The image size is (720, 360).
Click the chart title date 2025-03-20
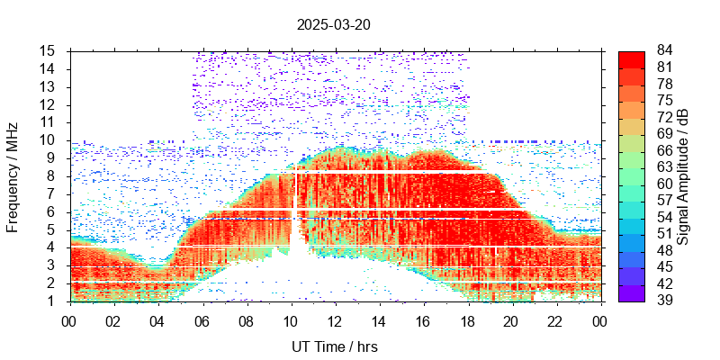[x=334, y=24]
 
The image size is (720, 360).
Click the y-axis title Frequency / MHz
[x=13, y=175]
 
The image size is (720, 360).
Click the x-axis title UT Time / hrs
[x=334, y=346]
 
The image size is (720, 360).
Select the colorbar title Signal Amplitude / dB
[x=683, y=175]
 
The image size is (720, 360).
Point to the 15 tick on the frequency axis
[x=49, y=50]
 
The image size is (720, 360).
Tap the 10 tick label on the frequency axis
[x=49, y=139]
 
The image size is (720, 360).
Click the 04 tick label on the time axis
[x=157, y=319]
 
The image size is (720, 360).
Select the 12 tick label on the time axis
[x=334, y=319]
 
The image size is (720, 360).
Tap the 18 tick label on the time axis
[x=466, y=319]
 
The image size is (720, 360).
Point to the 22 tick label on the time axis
[x=554, y=319]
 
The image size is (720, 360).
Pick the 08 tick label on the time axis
[x=246, y=319]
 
